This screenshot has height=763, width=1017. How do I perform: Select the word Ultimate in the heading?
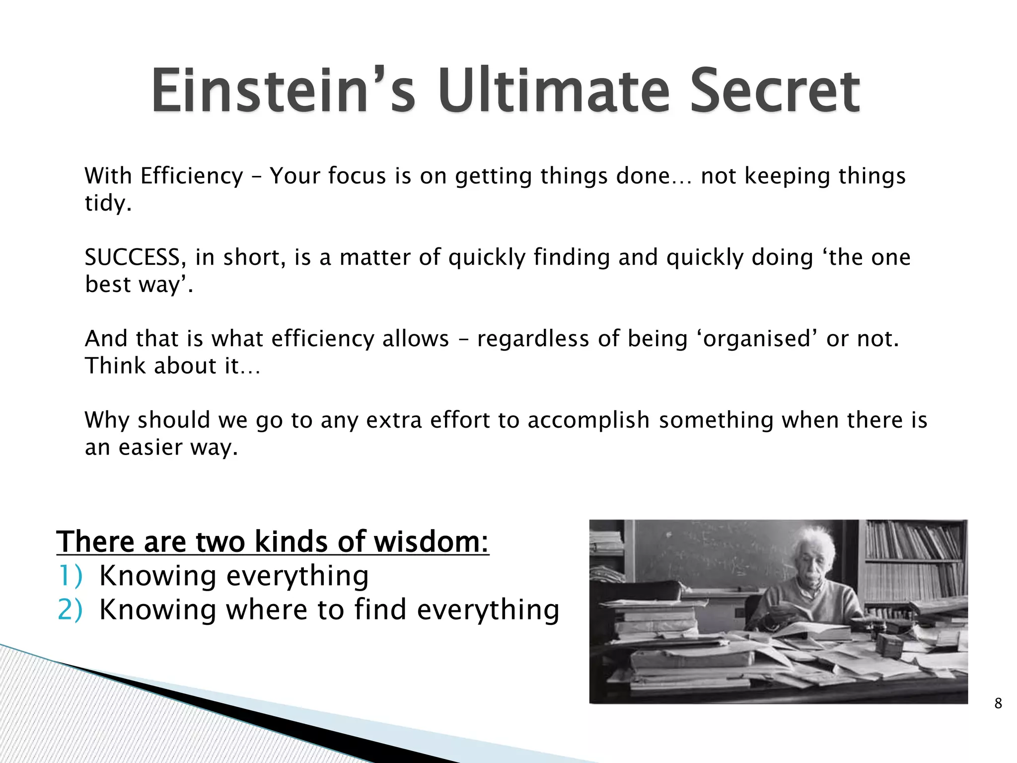pyautogui.click(x=554, y=91)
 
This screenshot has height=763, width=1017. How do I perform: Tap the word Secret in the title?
pyautogui.click(x=775, y=91)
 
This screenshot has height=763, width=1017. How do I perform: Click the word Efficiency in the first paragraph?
pyautogui.click(x=192, y=176)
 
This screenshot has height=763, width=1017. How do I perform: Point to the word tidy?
pyautogui.click(x=107, y=203)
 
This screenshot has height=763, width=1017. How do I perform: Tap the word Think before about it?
pyautogui.click(x=116, y=366)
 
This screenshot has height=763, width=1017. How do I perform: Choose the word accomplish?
pyautogui.click(x=588, y=420)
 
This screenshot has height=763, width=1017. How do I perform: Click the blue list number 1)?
pyautogui.click(x=70, y=576)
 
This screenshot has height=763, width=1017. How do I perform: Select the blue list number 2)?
pyautogui.click(x=70, y=610)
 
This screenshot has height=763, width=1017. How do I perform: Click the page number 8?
pyautogui.click(x=998, y=703)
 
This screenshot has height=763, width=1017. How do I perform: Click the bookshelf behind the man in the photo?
pyautogui.click(x=914, y=561)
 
